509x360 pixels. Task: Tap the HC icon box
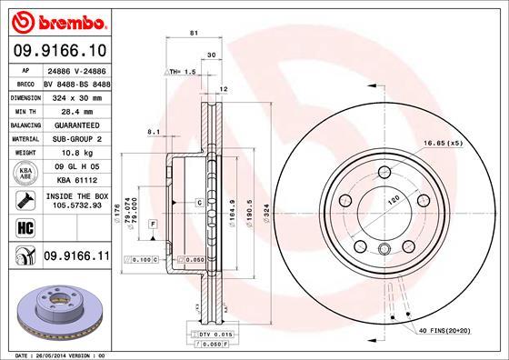[23, 227]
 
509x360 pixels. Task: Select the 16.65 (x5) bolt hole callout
[443, 144]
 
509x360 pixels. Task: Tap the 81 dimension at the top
[194, 33]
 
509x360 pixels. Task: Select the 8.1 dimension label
[153, 133]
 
